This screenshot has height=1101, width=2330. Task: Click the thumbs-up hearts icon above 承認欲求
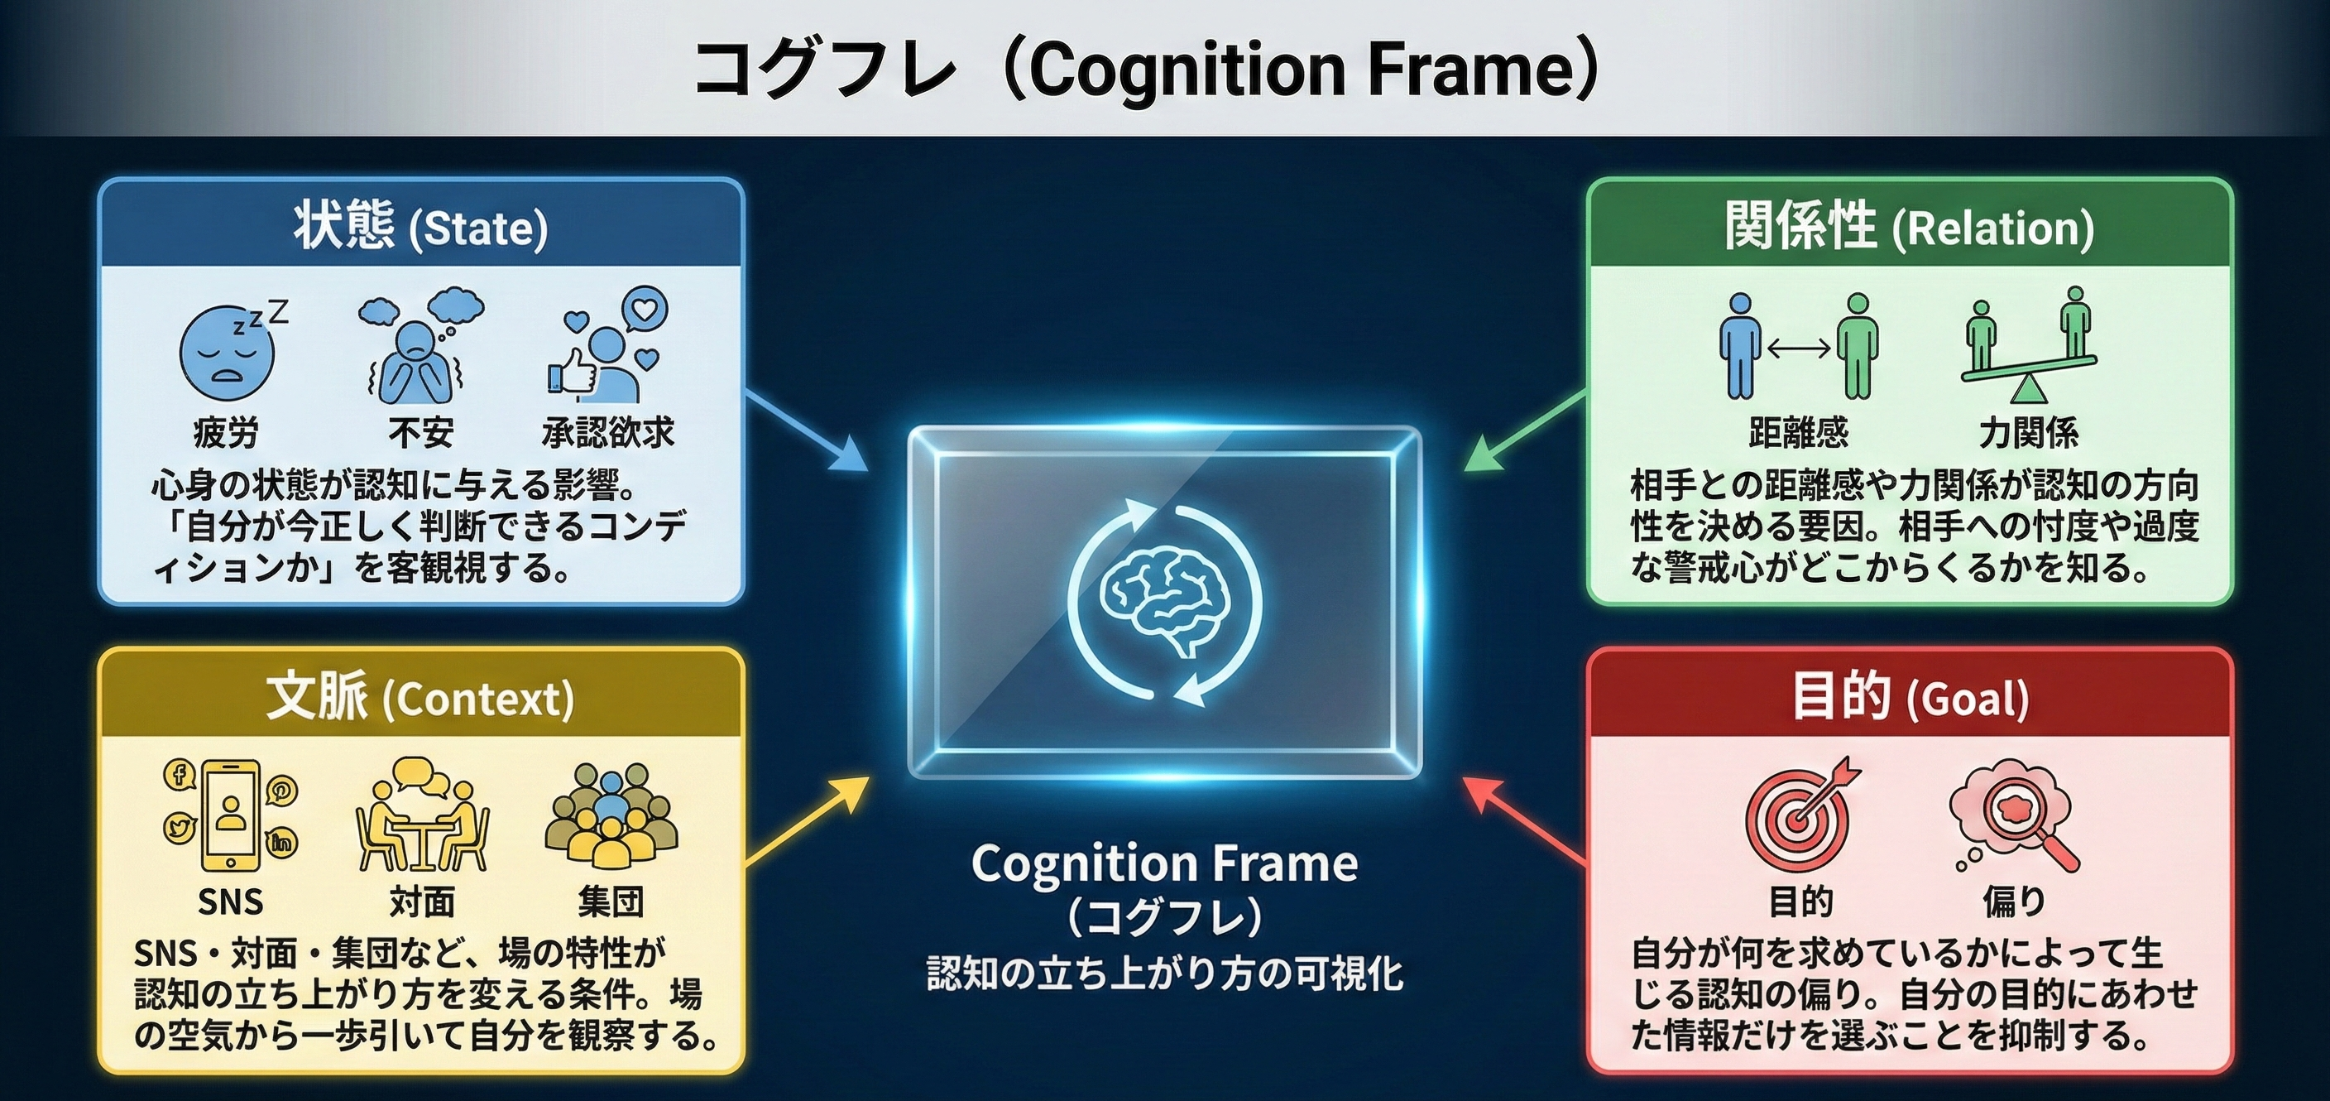[608, 344]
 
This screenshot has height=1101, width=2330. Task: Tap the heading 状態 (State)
[420, 226]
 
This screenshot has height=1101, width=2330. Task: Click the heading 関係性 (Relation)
[1910, 226]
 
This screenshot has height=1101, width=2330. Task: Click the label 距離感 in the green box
[1798, 432]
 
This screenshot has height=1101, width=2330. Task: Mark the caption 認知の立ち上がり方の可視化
[1165, 974]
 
